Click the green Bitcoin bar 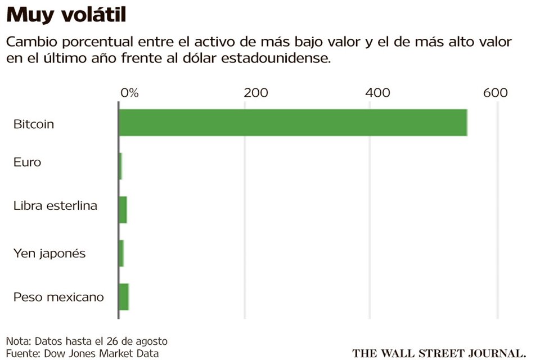(292, 123)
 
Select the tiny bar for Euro (120, 166)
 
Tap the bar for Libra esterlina (123, 210)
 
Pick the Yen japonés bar (121, 253)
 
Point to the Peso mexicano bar (124, 296)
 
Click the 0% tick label (129, 93)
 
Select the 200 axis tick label (255, 93)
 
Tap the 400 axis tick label (377, 93)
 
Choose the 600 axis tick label (495, 93)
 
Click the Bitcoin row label (34, 124)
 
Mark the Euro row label (27, 162)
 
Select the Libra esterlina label (55, 205)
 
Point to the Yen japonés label (49, 253)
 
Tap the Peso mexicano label (58, 296)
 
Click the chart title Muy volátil (66, 15)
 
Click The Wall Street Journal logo (439, 353)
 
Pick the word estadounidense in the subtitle (269, 58)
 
